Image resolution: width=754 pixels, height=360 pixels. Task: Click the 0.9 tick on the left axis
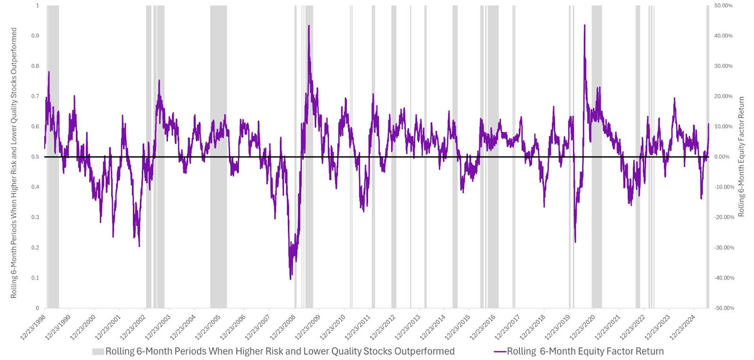[35, 36]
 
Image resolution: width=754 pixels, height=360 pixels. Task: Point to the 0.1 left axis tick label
[35, 278]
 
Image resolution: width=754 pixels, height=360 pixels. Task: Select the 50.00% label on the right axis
[723, 6]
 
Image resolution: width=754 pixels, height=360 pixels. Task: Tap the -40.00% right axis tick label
[724, 278]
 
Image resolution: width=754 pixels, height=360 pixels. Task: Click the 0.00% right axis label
[722, 157]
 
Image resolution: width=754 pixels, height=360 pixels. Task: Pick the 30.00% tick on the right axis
[723, 66]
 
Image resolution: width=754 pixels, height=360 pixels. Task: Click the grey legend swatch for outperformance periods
[98, 352]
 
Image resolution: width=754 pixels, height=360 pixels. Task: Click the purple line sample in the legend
[500, 352]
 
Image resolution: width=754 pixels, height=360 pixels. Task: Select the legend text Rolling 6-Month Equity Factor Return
[585, 352]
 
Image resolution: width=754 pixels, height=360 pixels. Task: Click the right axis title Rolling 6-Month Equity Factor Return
[741, 157]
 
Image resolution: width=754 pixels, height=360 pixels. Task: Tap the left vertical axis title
[14, 163]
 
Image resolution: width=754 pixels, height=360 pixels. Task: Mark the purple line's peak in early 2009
[309, 26]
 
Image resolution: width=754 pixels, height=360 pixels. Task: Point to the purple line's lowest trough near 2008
[290, 279]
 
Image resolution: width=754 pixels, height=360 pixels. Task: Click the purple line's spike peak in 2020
[585, 25]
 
